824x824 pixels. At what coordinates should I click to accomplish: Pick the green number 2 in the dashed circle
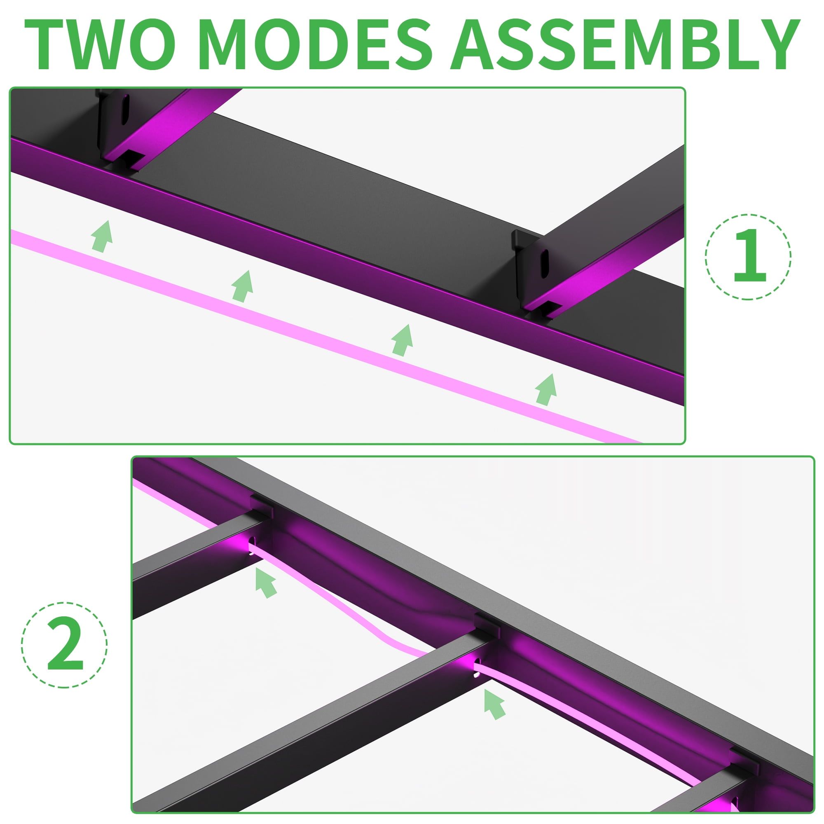[65, 645]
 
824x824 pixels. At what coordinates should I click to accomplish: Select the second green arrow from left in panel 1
[243, 286]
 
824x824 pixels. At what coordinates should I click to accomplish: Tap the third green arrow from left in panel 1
[403, 340]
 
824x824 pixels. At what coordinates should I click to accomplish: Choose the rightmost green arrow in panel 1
[546, 389]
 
